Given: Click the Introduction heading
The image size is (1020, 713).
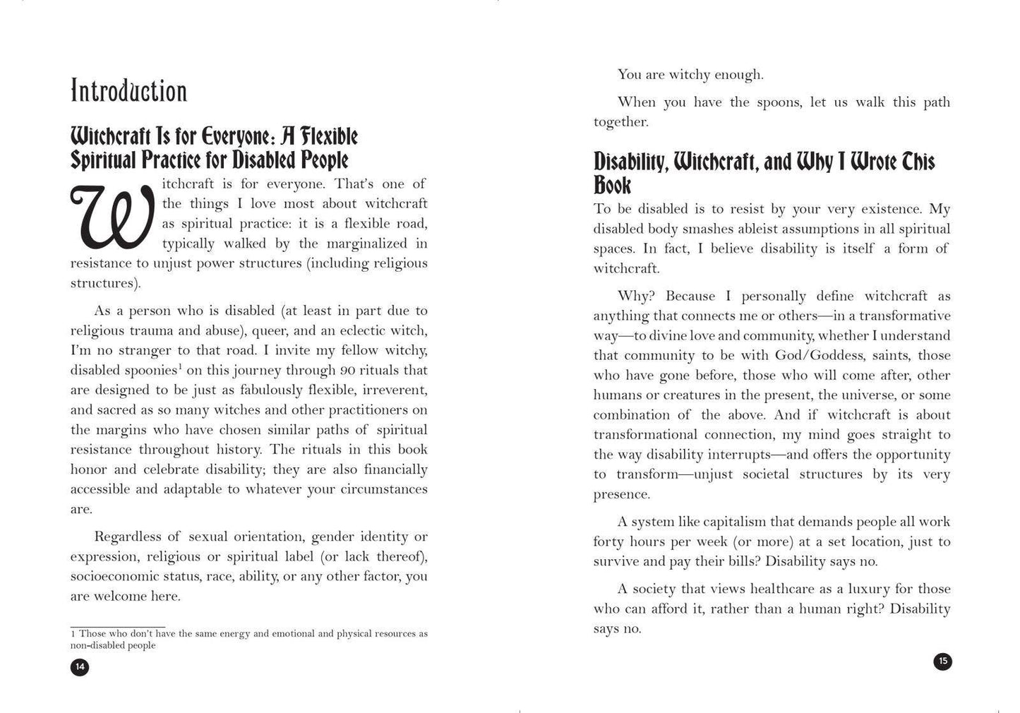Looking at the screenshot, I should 128,92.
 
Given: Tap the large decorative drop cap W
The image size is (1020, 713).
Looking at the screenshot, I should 111,217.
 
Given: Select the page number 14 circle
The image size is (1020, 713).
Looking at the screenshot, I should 80,666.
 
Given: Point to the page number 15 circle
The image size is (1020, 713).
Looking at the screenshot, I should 942,661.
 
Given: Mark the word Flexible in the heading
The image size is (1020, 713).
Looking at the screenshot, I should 329,136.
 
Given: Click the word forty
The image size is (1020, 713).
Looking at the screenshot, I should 610,541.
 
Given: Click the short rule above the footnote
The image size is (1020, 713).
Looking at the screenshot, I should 118,626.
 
